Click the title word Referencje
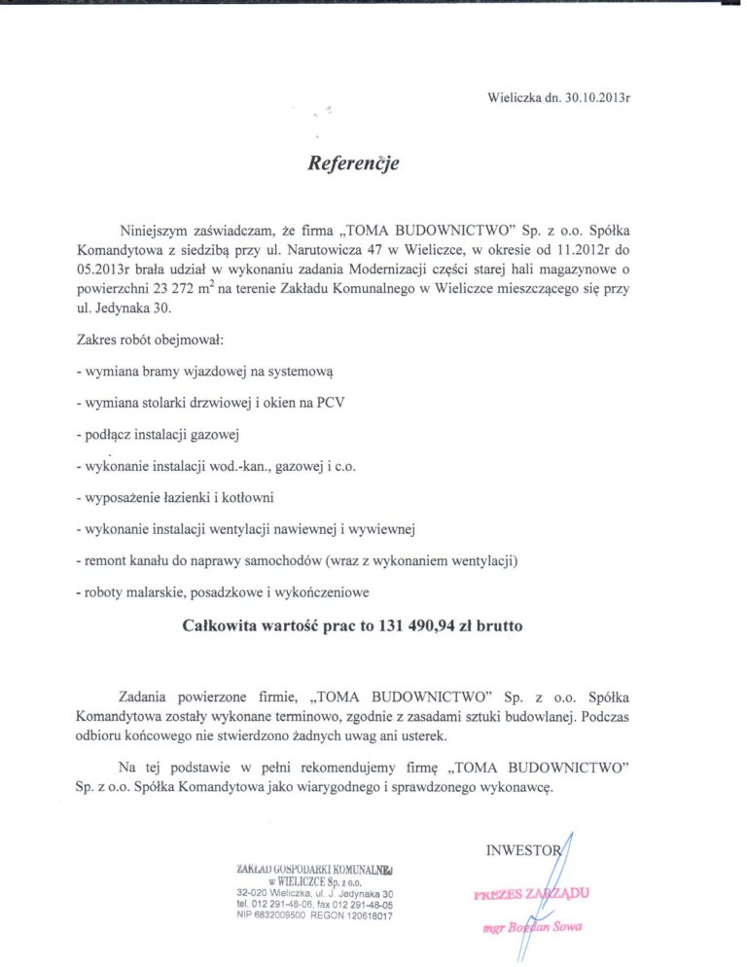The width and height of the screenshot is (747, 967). (353, 163)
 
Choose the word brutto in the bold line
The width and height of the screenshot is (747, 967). (500, 627)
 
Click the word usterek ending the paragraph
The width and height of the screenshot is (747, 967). (420, 736)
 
